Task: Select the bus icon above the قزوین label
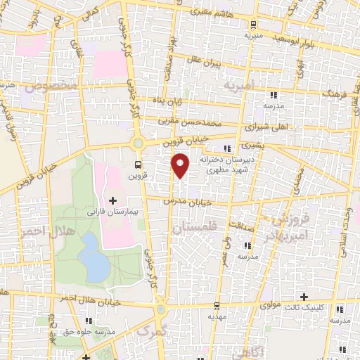click(x=139, y=165)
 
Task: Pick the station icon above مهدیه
click(x=217, y=306)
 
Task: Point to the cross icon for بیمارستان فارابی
click(x=112, y=201)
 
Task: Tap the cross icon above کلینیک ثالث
click(x=304, y=296)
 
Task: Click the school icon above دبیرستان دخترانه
click(x=226, y=148)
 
